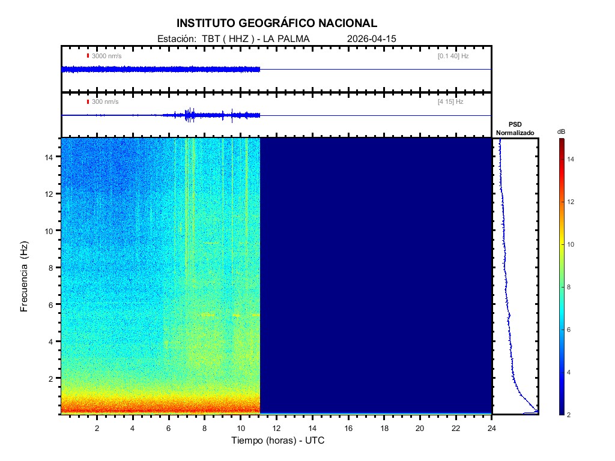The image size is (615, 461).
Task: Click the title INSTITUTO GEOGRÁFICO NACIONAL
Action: [277, 23]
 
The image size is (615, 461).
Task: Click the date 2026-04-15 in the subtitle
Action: [372, 38]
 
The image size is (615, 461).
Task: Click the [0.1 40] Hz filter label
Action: [453, 56]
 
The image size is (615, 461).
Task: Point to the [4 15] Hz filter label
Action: [450, 102]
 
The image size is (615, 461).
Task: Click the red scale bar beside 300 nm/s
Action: [88, 102]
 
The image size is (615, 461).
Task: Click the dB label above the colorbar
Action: [561, 131]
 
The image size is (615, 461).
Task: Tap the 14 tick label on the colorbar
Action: [572, 160]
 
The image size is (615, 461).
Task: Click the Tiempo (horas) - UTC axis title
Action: [278, 441]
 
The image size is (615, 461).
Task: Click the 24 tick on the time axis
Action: [492, 427]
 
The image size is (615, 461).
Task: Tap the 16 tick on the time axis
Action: [348, 427]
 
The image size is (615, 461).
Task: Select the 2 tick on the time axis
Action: [97, 427]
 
